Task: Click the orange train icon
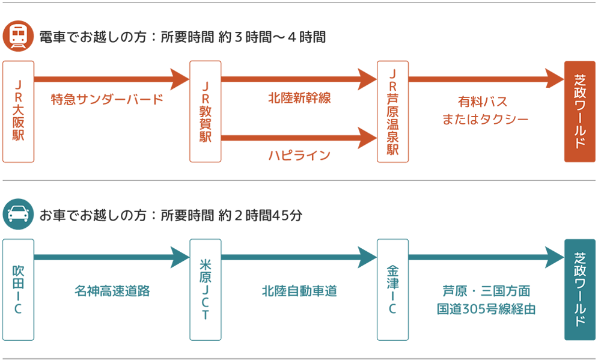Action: (18, 37)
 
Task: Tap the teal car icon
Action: (18, 215)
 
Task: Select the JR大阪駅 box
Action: (18, 111)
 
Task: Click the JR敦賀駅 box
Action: (206, 111)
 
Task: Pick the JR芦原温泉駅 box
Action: (393, 111)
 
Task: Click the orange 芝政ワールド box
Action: (579, 111)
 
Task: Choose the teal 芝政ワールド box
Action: (579, 289)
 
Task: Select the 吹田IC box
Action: (18, 289)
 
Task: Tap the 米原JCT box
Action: (206, 289)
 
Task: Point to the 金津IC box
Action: (393, 289)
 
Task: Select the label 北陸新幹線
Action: (299, 98)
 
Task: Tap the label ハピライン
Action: (299, 156)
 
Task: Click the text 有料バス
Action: (483, 102)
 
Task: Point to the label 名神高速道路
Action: (112, 291)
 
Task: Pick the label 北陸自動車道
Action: (299, 291)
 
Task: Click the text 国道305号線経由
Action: (486, 310)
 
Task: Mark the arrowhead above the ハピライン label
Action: (367, 137)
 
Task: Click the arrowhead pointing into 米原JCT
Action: (180, 257)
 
